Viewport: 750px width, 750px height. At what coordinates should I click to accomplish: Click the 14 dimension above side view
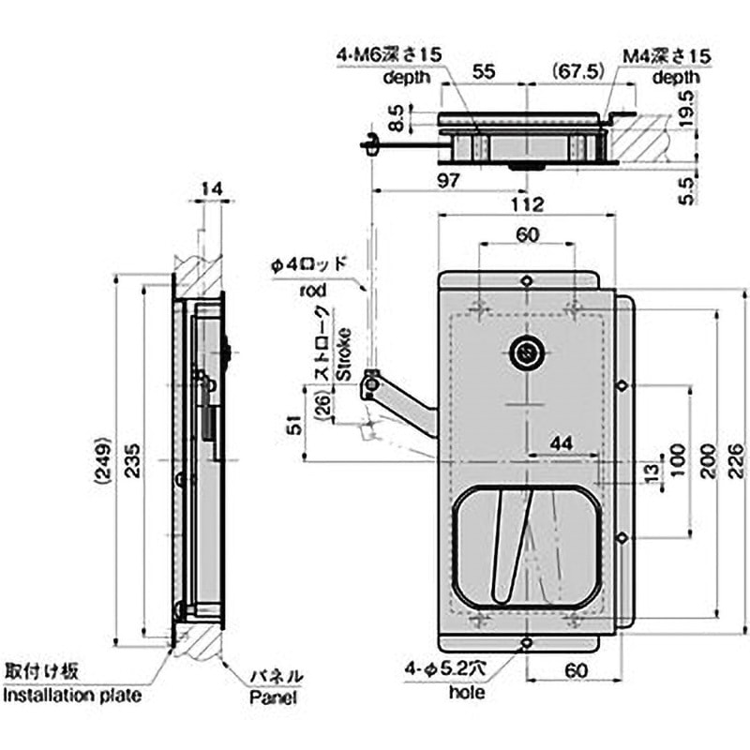[x=212, y=190]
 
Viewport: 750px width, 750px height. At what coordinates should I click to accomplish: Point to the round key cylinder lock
[x=526, y=354]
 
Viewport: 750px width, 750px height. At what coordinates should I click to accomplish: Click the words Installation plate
[x=72, y=696]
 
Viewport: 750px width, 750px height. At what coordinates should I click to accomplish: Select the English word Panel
[x=273, y=698]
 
